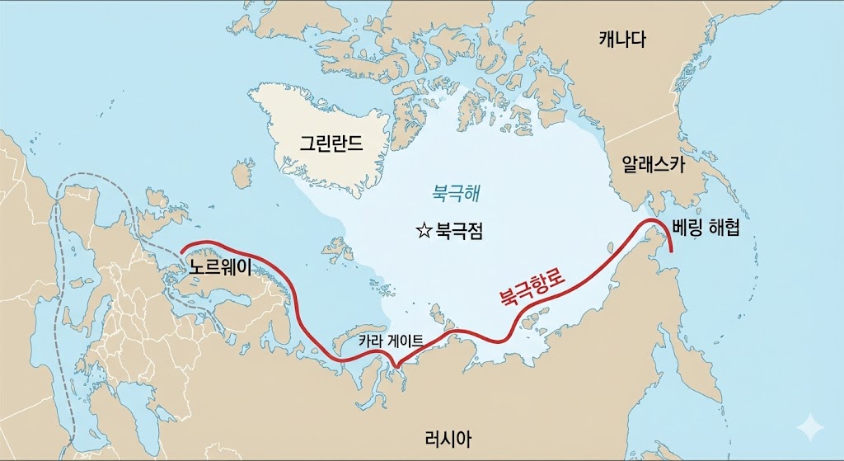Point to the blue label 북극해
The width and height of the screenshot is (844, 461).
(x=455, y=194)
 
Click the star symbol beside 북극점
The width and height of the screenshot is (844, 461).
(x=424, y=231)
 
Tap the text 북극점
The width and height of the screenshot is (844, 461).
(x=458, y=231)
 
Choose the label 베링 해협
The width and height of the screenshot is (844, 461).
(x=706, y=228)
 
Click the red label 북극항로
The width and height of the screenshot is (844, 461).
(x=532, y=288)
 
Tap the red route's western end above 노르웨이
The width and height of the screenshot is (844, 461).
(x=182, y=248)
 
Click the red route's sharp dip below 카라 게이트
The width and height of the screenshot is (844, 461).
(x=397, y=366)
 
